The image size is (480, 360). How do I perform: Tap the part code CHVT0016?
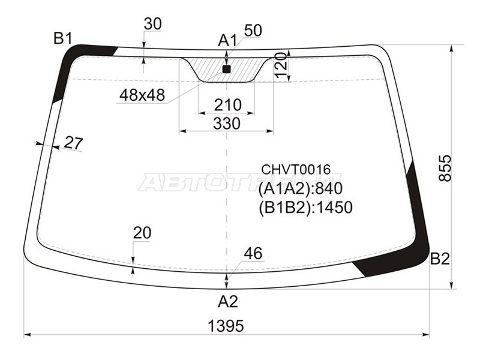point(295,170)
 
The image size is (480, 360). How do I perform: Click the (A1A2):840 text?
point(300,189)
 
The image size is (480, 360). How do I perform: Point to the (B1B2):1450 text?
point(305,208)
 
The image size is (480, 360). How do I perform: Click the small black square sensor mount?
point(226,69)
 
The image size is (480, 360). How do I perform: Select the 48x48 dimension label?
point(142,95)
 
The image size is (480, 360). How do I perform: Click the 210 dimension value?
point(227,105)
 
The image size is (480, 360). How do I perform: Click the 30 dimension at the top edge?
point(152,24)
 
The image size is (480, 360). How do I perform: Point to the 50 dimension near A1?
point(253,31)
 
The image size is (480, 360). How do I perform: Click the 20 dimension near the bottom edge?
point(142,233)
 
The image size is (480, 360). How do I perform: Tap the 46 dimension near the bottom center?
point(253,253)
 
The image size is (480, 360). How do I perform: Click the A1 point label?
point(227,40)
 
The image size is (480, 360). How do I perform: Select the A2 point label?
point(227,301)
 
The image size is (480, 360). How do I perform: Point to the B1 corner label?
point(63,39)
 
